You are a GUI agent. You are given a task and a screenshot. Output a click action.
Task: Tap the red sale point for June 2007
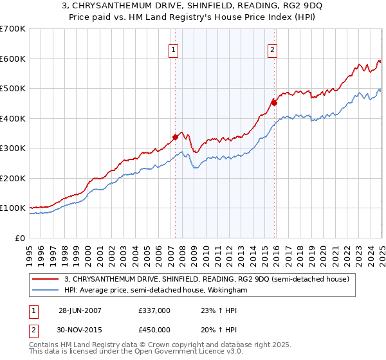pyautogui.click(x=175, y=136)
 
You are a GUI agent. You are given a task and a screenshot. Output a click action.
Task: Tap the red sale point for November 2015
pyautogui.click(x=274, y=102)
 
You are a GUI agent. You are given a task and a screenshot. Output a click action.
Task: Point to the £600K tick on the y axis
pyautogui.click(x=13, y=59)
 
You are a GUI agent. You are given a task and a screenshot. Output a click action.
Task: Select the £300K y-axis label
pyautogui.click(x=13, y=148)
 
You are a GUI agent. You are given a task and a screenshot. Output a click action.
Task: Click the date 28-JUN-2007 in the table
pyautogui.click(x=80, y=310)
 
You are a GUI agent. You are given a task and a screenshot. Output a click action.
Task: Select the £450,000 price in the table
pyautogui.click(x=154, y=330)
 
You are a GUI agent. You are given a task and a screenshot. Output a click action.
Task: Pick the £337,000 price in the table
pyautogui.click(x=154, y=310)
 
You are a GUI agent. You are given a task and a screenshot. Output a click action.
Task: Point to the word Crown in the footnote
pyautogui.click(x=146, y=345)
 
